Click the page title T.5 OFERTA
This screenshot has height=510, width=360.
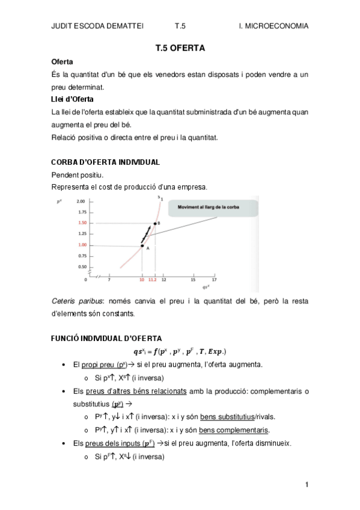tap(180, 49)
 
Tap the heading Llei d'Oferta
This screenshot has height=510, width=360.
tap(72, 99)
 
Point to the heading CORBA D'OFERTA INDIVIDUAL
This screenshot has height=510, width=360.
tap(105, 162)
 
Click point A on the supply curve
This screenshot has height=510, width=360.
tap(142, 245)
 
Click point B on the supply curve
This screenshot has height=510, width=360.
tap(156, 223)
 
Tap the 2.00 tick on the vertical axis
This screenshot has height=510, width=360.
tap(82, 201)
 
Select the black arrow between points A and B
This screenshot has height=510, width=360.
tap(147, 233)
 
